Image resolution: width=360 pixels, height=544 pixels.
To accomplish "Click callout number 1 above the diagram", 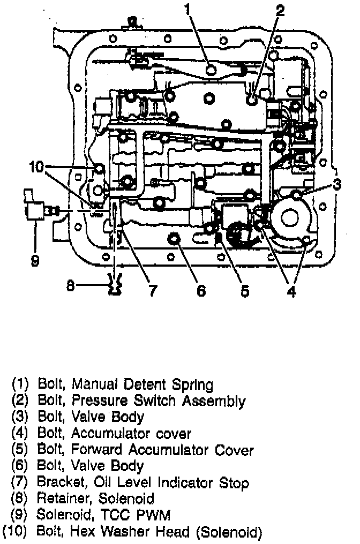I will coord(187,9).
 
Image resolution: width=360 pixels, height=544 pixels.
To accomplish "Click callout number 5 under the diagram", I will coord(244,291).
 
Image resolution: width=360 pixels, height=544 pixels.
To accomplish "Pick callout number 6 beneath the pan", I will coord(201,291).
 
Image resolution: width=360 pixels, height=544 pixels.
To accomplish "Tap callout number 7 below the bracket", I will coord(153,291).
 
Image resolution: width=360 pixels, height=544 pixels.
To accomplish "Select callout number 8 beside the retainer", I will coord(70,286).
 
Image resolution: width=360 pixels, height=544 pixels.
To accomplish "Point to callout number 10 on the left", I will coord(36,167).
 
